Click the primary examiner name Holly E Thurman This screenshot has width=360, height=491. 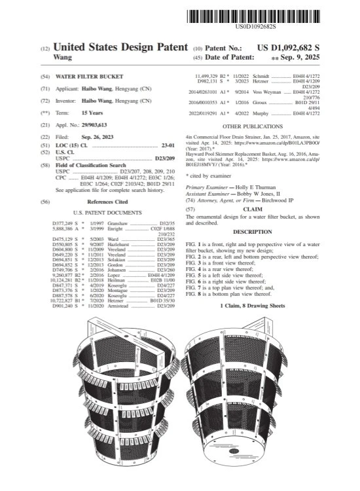258,187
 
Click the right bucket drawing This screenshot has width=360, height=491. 242,393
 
